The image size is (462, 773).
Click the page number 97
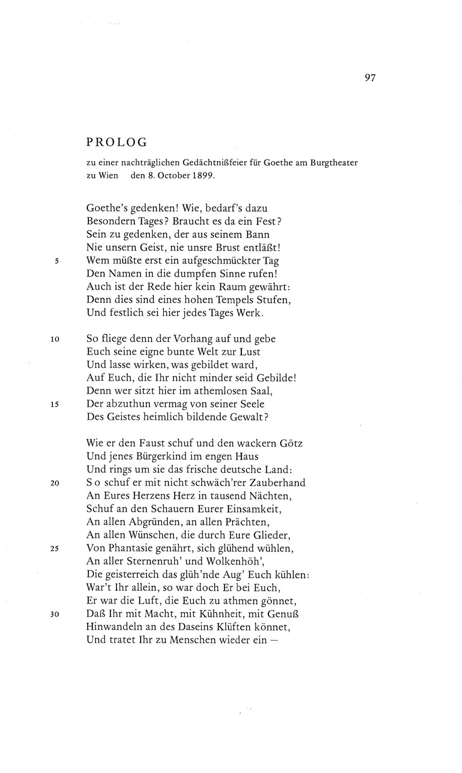(x=370, y=78)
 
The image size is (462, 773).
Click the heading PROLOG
(x=117, y=142)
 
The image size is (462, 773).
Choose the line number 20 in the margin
(x=55, y=484)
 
